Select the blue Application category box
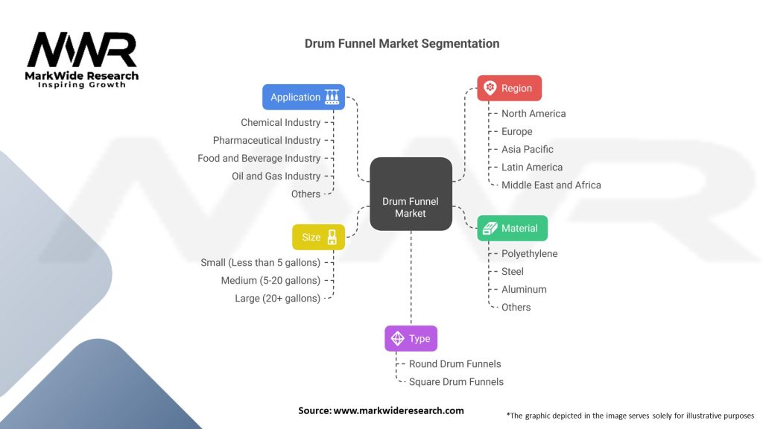303,97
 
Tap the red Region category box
509,88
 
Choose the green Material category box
512,228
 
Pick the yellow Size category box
318,237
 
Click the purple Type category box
411,338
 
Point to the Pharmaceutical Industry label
267,140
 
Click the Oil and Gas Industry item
276,176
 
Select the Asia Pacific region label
528,149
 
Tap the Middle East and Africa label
551,185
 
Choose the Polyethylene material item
530,253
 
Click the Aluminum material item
524,289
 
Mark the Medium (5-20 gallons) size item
270,280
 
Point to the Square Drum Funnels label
456,381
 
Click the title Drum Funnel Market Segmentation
402,43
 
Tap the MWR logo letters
82,51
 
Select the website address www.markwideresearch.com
399,410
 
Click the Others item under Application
305,194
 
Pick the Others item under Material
516,307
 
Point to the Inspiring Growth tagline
82,85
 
